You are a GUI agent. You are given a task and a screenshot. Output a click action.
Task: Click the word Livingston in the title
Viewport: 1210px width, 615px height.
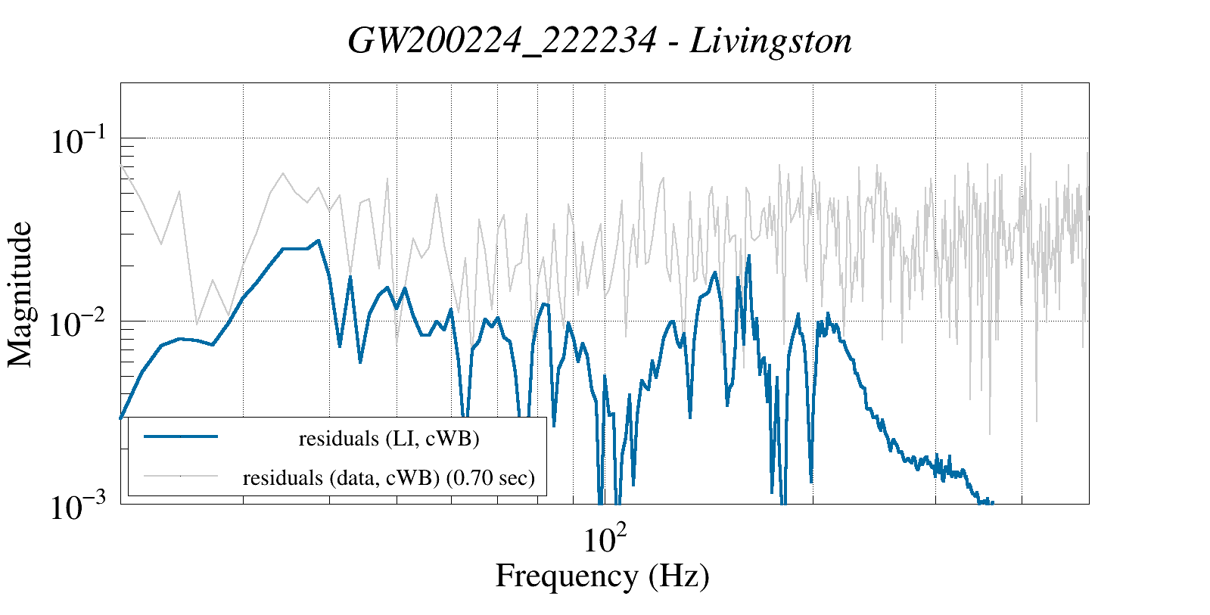[770, 42]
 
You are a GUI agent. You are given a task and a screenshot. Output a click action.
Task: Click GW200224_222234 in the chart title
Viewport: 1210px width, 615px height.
[502, 42]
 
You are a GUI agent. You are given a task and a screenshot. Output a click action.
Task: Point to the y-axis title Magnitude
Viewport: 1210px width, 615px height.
[20, 294]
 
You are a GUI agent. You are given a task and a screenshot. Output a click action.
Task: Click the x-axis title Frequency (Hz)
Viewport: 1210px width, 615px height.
[602, 576]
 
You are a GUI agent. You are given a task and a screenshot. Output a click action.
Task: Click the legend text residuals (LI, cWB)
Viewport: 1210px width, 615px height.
[389, 439]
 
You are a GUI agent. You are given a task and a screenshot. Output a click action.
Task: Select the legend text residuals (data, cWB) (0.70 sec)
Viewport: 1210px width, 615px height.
[389, 478]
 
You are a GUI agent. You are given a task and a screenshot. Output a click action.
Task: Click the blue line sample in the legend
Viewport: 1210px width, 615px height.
[181, 436]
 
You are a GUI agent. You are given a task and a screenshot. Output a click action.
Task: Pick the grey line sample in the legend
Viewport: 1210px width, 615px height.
[181, 476]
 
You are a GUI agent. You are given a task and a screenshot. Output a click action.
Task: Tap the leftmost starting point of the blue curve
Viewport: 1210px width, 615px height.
[121, 418]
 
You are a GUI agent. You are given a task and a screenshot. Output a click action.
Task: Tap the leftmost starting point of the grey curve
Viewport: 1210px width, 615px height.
[121, 164]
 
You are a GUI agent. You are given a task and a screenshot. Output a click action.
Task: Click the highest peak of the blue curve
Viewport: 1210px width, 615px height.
[319, 241]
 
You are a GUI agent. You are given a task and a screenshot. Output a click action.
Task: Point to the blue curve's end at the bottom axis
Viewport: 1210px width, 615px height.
[991, 502]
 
